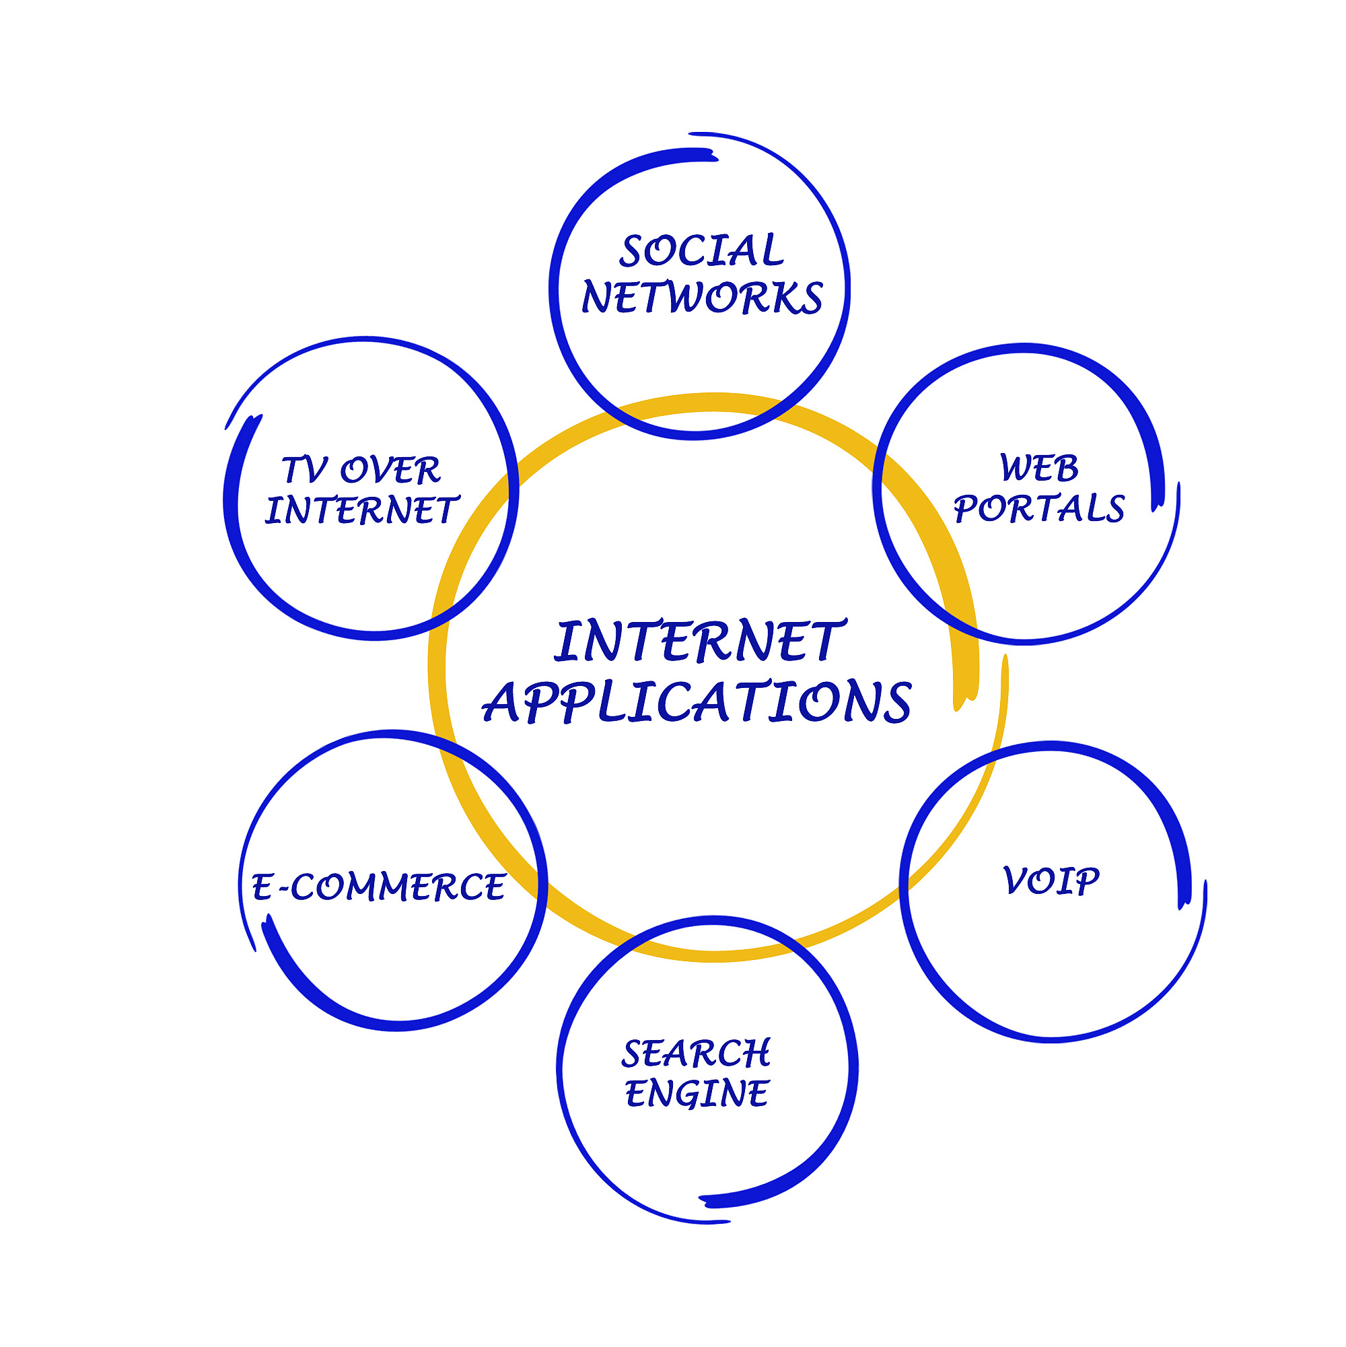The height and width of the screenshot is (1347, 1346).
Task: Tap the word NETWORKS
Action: tap(702, 298)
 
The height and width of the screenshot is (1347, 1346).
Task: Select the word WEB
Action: tap(1038, 468)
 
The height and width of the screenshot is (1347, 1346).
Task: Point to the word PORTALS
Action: tap(1038, 508)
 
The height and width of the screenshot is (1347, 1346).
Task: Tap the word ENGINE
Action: tap(697, 1093)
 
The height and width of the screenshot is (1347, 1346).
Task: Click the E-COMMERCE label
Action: tap(378, 887)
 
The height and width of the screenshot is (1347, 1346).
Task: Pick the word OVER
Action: tap(390, 471)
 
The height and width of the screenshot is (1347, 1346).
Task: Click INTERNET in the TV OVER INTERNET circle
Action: tap(362, 510)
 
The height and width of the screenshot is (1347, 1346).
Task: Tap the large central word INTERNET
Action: tap(700, 641)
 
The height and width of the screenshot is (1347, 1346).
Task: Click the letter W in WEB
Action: tap(1015, 468)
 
